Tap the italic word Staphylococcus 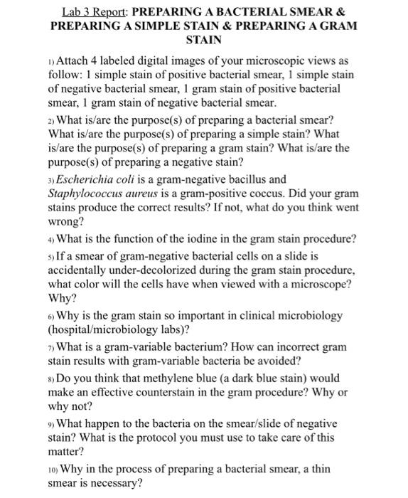[x=87, y=193]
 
